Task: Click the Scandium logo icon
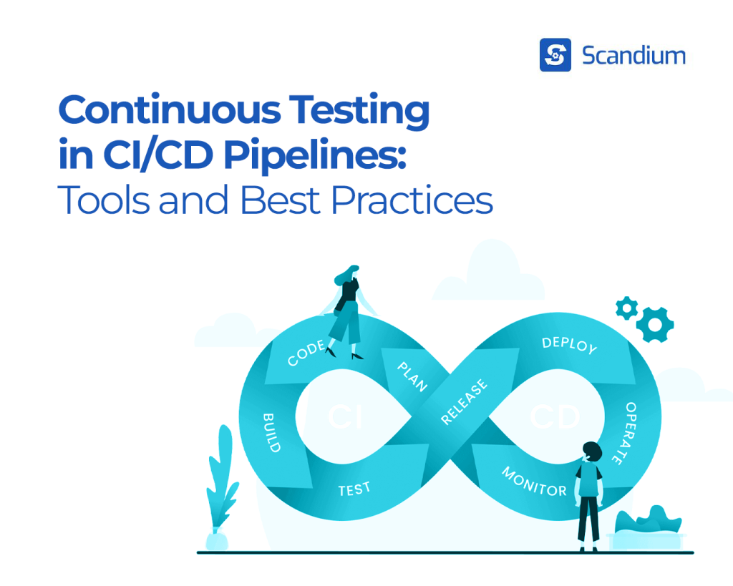(555, 55)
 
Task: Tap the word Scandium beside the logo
(634, 55)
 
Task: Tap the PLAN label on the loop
(412, 375)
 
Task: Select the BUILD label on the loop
(271, 431)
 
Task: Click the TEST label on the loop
(354, 489)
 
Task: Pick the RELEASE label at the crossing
(465, 402)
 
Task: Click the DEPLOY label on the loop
(569, 345)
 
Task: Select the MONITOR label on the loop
(534, 482)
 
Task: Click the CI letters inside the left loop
(345, 418)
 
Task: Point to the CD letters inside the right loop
(554, 418)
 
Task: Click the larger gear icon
(654, 323)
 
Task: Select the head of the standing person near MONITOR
(592, 451)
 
